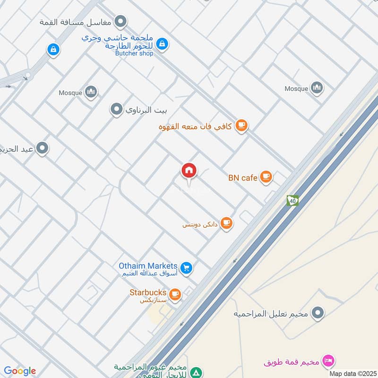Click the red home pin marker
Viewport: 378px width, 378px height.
(189, 171)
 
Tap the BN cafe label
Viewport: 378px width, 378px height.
(243, 178)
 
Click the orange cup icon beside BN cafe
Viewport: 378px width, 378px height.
(266, 177)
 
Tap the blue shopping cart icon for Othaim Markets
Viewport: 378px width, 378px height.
(187, 268)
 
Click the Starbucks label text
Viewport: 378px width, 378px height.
(148, 292)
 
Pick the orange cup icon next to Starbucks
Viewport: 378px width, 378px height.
(175, 294)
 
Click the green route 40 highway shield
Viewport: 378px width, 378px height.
(292, 200)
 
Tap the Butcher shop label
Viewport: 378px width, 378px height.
(134, 53)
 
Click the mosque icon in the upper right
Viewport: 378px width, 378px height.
(317, 87)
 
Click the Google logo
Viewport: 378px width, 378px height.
(20, 371)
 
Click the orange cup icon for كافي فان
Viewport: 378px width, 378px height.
(242, 126)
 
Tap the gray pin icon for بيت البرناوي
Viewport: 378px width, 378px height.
(116, 110)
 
